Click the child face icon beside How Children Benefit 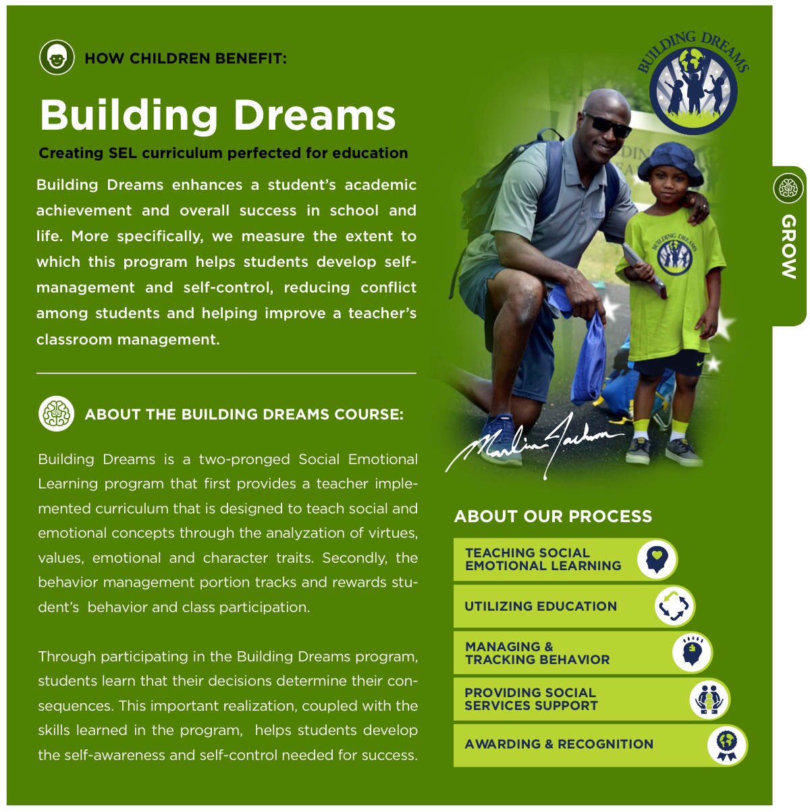(x=57, y=57)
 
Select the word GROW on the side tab (x=788, y=247)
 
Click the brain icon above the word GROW (x=788, y=187)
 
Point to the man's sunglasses (x=605, y=124)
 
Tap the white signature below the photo (x=533, y=443)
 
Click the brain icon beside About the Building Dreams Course (x=57, y=413)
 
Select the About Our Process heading (x=553, y=516)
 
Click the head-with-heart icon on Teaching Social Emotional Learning (x=655, y=559)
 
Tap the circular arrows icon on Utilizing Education (x=673, y=606)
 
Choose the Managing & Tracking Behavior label (x=537, y=653)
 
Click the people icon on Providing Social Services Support (x=709, y=699)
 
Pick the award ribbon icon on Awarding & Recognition (x=727, y=744)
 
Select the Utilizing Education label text (x=540, y=606)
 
